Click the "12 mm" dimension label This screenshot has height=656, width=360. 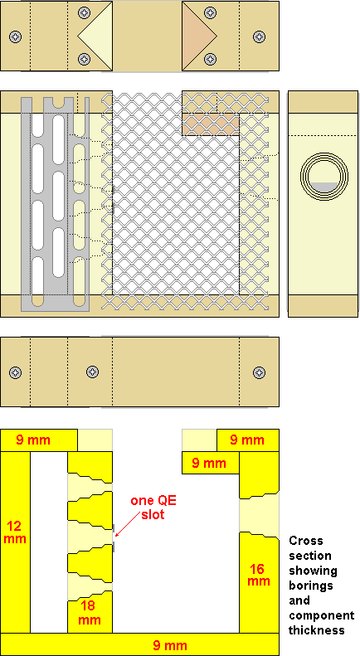click(x=15, y=532)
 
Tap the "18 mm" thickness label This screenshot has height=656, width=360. click(x=89, y=613)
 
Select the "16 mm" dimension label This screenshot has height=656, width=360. click(x=259, y=575)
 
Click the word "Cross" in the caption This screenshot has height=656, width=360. click(x=306, y=541)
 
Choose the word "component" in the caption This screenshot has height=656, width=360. click(x=322, y=616)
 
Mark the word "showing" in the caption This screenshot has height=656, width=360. click(x=313, y=571)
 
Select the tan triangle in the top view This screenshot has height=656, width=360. click(x=197, y=36)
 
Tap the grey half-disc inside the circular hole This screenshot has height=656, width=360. click(x=325, y=187)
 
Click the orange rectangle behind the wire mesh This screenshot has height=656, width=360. click(x=211, y=124)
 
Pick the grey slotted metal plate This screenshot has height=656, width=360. click(x=56, y=204)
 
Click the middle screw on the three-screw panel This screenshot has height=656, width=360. click(x=92, y=372)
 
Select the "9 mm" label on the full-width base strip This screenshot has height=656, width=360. click(x=170, y=644)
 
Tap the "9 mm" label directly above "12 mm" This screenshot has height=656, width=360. click(x=33, y=440)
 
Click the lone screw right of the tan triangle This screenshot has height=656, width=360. click(x=259, y=36)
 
